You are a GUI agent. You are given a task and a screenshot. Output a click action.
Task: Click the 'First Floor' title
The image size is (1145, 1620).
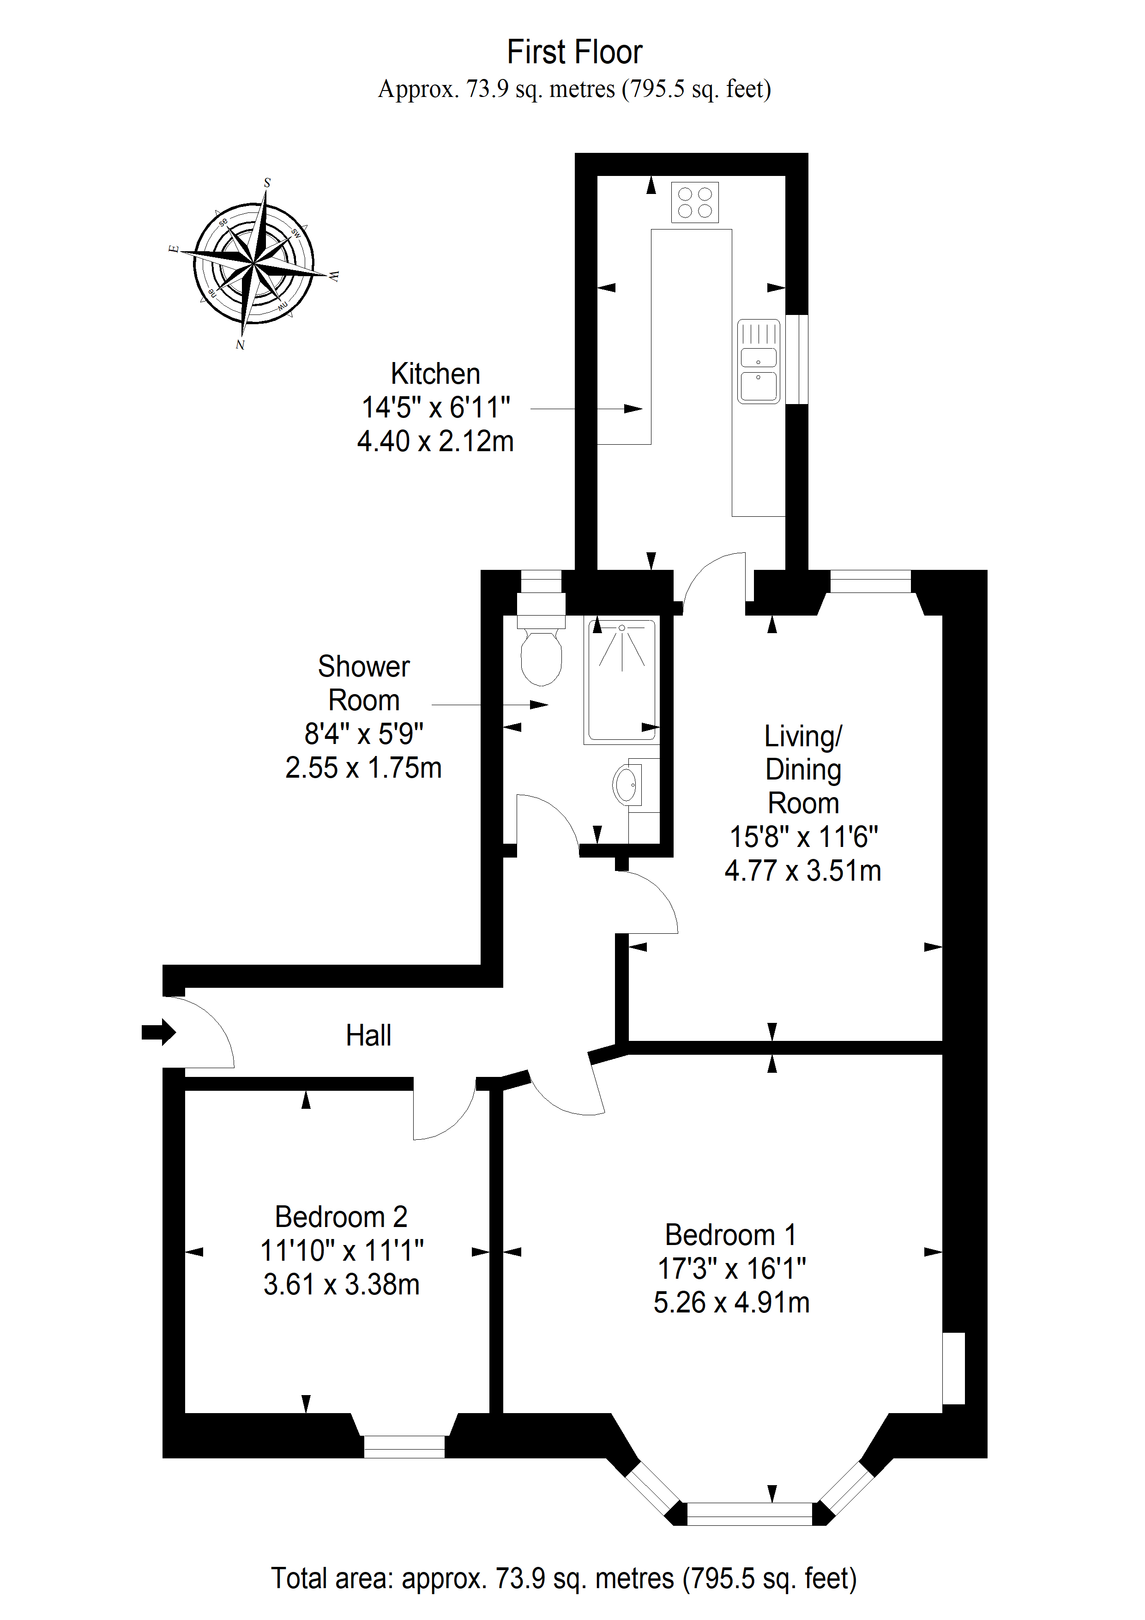tap(574, 52)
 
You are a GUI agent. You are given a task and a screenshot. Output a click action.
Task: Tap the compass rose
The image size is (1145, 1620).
tap(253, 263)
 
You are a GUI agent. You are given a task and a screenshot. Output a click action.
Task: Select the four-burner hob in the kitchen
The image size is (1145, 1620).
tap(695, 202)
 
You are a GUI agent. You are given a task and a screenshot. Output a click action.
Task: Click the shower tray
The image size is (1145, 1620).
tap(621, 680)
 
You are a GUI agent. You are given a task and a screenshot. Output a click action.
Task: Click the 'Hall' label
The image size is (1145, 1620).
tap(368, 1036)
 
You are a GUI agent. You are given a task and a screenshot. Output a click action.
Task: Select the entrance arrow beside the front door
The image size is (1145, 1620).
tap(159, 1032)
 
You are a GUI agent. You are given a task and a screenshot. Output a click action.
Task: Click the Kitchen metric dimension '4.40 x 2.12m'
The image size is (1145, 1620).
tap(435, 441)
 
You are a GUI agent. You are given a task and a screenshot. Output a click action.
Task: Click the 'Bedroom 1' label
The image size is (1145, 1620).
tap(731, 1235)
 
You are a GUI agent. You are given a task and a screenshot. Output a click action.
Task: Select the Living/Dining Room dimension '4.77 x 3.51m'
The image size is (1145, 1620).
tap(803, 870)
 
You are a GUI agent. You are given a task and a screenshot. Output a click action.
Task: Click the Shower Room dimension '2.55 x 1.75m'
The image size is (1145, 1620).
tap(363, 768)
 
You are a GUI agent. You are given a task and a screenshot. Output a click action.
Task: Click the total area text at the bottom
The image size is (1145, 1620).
tap(564, 1578)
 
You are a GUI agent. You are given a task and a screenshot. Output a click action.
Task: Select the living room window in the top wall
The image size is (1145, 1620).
tap(871, 581)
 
